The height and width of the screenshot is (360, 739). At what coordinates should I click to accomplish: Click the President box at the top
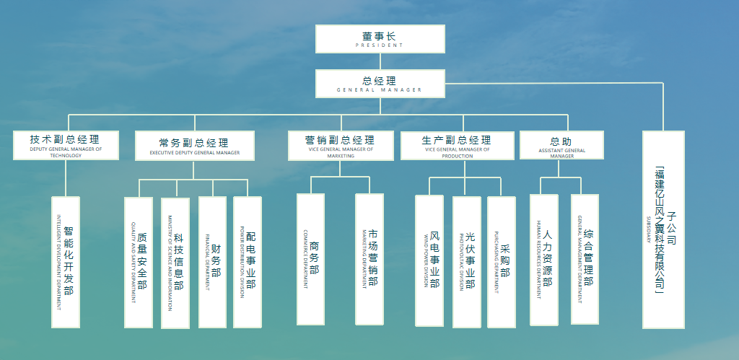tap(380, 39)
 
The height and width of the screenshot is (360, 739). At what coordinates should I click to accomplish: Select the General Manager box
tap(380, 84)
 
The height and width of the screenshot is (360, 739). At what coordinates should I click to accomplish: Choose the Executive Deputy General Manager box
tap(194, 146)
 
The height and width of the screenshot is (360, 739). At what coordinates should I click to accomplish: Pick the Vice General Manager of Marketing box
tap(341, 145)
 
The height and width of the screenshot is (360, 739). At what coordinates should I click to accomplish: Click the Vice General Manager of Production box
tap(457, 145)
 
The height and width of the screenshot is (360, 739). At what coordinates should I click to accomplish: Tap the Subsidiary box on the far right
tap(663, 229)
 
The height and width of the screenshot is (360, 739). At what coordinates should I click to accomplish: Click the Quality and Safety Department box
tap(139, 261)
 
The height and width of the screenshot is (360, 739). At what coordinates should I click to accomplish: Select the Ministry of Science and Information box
tap(175, 261)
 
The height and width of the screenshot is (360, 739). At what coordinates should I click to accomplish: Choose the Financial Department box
tap(212, 261)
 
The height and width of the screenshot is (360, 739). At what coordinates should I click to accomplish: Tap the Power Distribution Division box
tap(248, 261)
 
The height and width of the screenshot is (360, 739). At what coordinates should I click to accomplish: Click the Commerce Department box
tap(311, 259)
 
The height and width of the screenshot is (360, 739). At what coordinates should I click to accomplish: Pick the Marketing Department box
tap(369, 259)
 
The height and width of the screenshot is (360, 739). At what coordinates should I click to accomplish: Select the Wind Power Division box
tap(429, 260)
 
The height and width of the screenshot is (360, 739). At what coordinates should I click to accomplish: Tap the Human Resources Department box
tap(543, 259)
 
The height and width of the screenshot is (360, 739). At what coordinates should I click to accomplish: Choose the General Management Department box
tap(585, 259)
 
